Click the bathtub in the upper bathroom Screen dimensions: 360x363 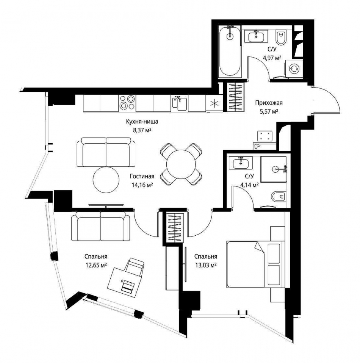230,52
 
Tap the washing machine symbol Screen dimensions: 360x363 294,68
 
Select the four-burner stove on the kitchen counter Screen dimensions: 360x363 127,102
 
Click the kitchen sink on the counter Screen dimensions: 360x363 179,103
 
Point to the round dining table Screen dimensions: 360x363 181,164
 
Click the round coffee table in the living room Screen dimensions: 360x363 106,180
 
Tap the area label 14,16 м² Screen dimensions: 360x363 142,185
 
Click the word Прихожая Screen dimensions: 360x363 269,103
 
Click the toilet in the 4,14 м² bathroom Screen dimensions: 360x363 279,197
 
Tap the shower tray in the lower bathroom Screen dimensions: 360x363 274,169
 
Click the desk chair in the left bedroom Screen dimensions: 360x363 134,266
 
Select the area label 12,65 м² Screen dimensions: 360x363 96,265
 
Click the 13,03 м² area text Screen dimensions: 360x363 206,265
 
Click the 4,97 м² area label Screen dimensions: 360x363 272,58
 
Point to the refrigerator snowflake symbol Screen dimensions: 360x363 214,103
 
